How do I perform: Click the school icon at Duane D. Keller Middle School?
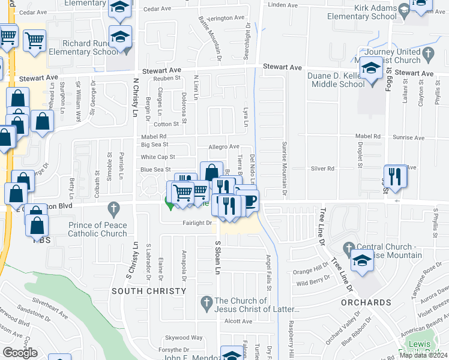point(372,70)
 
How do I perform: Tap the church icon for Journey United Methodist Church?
point(428,55)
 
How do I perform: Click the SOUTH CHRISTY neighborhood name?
point(148,291)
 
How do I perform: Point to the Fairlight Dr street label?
point(197,223)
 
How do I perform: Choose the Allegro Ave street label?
point(224,146)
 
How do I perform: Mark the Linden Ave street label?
point(283,5)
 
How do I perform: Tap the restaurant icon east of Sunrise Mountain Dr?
point(395,175)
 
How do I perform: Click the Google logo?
point(20,353)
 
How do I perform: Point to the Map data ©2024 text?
point(423,355)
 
